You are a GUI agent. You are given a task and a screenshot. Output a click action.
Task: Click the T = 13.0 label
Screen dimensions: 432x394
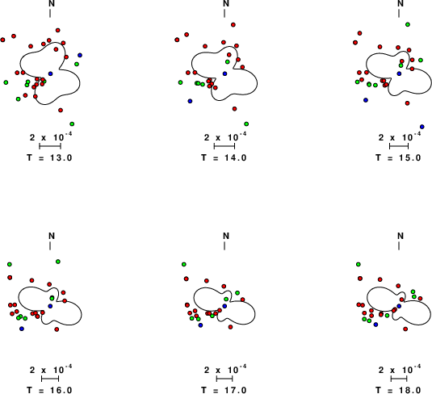pyautogui.click(x=49, y=158)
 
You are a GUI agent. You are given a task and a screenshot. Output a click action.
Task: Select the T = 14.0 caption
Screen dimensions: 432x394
pyautogui.click(x=224, y=158)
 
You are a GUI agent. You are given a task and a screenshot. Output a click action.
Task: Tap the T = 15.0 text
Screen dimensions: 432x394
pyautogui.click(x=398, y=158)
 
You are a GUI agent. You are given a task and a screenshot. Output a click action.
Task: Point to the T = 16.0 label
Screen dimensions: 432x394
pyautogui.click(x=49, y=390)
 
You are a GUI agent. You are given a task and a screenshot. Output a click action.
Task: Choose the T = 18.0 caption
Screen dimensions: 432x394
pyautogui.click(x=398, y=390)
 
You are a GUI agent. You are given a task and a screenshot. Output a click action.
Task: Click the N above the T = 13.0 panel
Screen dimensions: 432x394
pyautogui.click(x=52, y=3)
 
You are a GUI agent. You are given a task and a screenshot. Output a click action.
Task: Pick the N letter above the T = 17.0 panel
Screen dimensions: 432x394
pyautogui.click(x=226, y=236)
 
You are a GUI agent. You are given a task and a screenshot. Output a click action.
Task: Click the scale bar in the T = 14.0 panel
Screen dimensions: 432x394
pyautogui.click(x=224, y=146)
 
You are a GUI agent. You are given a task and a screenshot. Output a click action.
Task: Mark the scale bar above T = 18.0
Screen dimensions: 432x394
pyautogui.click(x=399, y=379)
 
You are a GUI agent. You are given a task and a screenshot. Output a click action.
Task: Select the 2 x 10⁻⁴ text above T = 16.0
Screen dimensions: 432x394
pyautogui.click(x=51, y=369)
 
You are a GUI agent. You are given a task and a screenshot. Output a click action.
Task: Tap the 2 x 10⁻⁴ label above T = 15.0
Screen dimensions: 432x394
pyautogui.click(x=400, y=136)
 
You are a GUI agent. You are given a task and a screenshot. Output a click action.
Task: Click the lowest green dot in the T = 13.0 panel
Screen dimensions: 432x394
pyautogui.click(x=72, y=124)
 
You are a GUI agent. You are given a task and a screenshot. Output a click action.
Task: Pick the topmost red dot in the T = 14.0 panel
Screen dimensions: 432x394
pyautogui.click(x=233, y=25)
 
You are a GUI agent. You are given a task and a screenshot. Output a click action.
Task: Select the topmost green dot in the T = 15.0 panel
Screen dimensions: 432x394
pyautogui.click(x=408, y=24)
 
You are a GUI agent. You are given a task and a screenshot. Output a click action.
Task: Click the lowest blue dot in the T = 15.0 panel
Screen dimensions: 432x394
pyautogui.click(x=422, y=127)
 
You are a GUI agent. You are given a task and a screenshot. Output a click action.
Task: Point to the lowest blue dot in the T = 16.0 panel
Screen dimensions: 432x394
pyautogui.click(x=22, y=329)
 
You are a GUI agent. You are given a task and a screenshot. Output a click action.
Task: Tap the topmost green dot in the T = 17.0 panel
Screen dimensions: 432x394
pyautogui.click(x=184, y=265)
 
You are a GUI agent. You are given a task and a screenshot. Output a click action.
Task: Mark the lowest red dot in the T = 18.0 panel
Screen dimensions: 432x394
pyautogui.click(x=405, y=329)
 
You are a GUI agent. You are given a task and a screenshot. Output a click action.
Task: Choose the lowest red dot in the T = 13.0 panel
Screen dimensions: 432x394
pyautogui.click(x=61, y=111)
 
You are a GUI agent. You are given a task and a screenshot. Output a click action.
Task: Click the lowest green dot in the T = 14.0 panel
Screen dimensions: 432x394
pyautogui.click(x=246, y=124)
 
